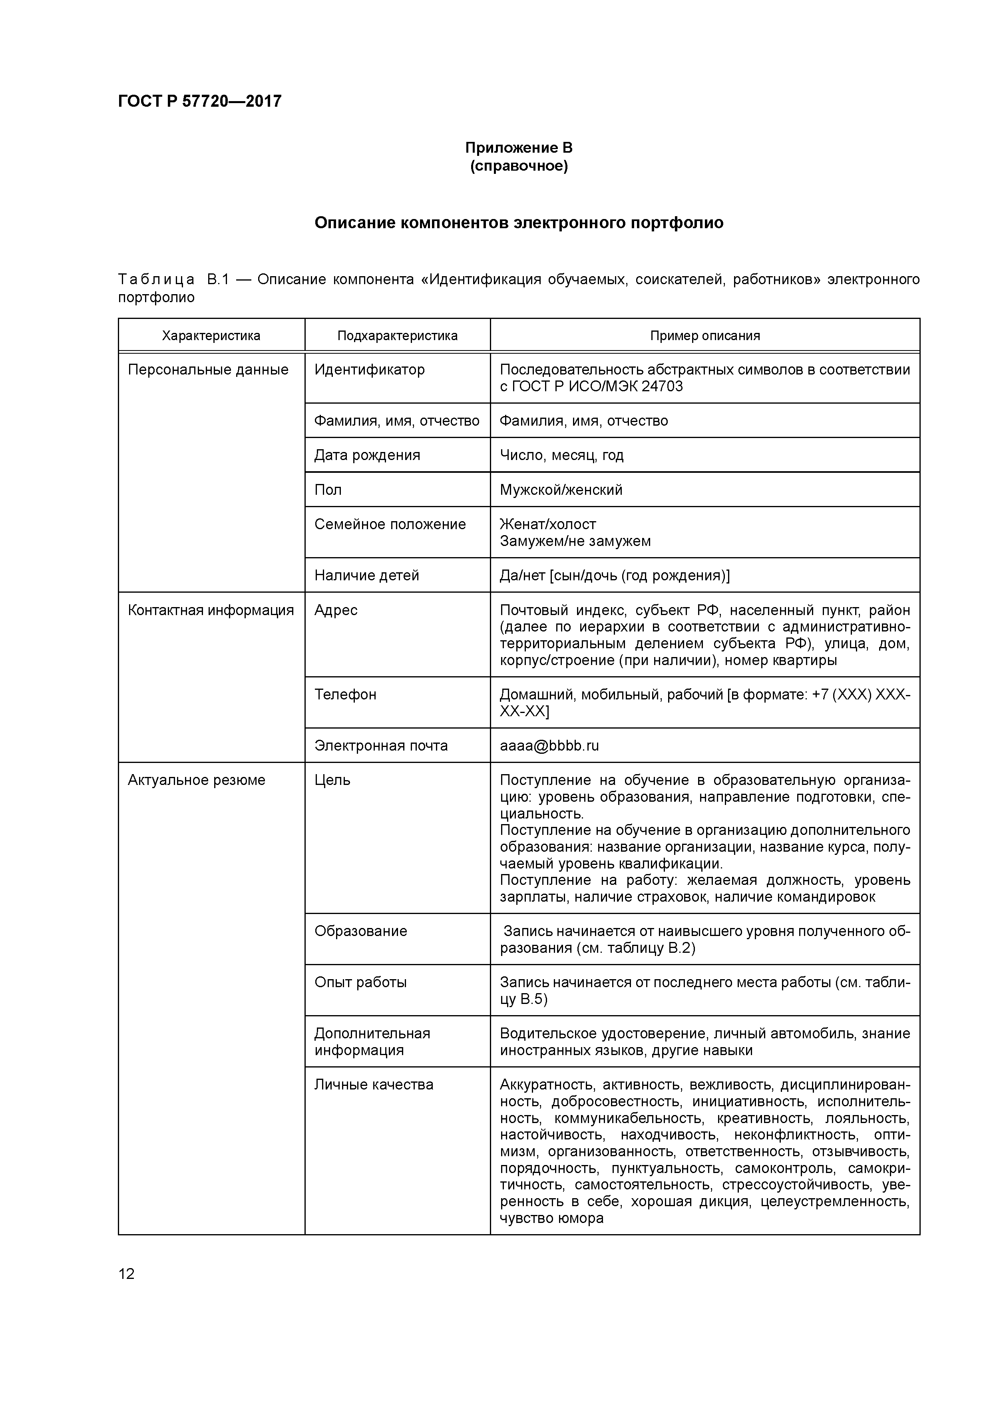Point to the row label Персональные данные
click(x=208, y=369)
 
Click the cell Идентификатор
click(x=369, y=369)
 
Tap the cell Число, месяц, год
click(x=561, y=455)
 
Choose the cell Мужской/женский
click(x=561, y=490)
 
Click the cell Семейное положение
click(x=390, y=524)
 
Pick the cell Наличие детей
click(x=366, y=575)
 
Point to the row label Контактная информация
click(x=211, y=610)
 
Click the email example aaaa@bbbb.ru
click(x=549, y=746)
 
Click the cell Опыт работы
click(x=360, y=982)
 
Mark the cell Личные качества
click(x=374, y=1085)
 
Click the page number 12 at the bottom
click(x=126, y=1274)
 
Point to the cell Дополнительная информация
click(x=372, y=1042)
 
